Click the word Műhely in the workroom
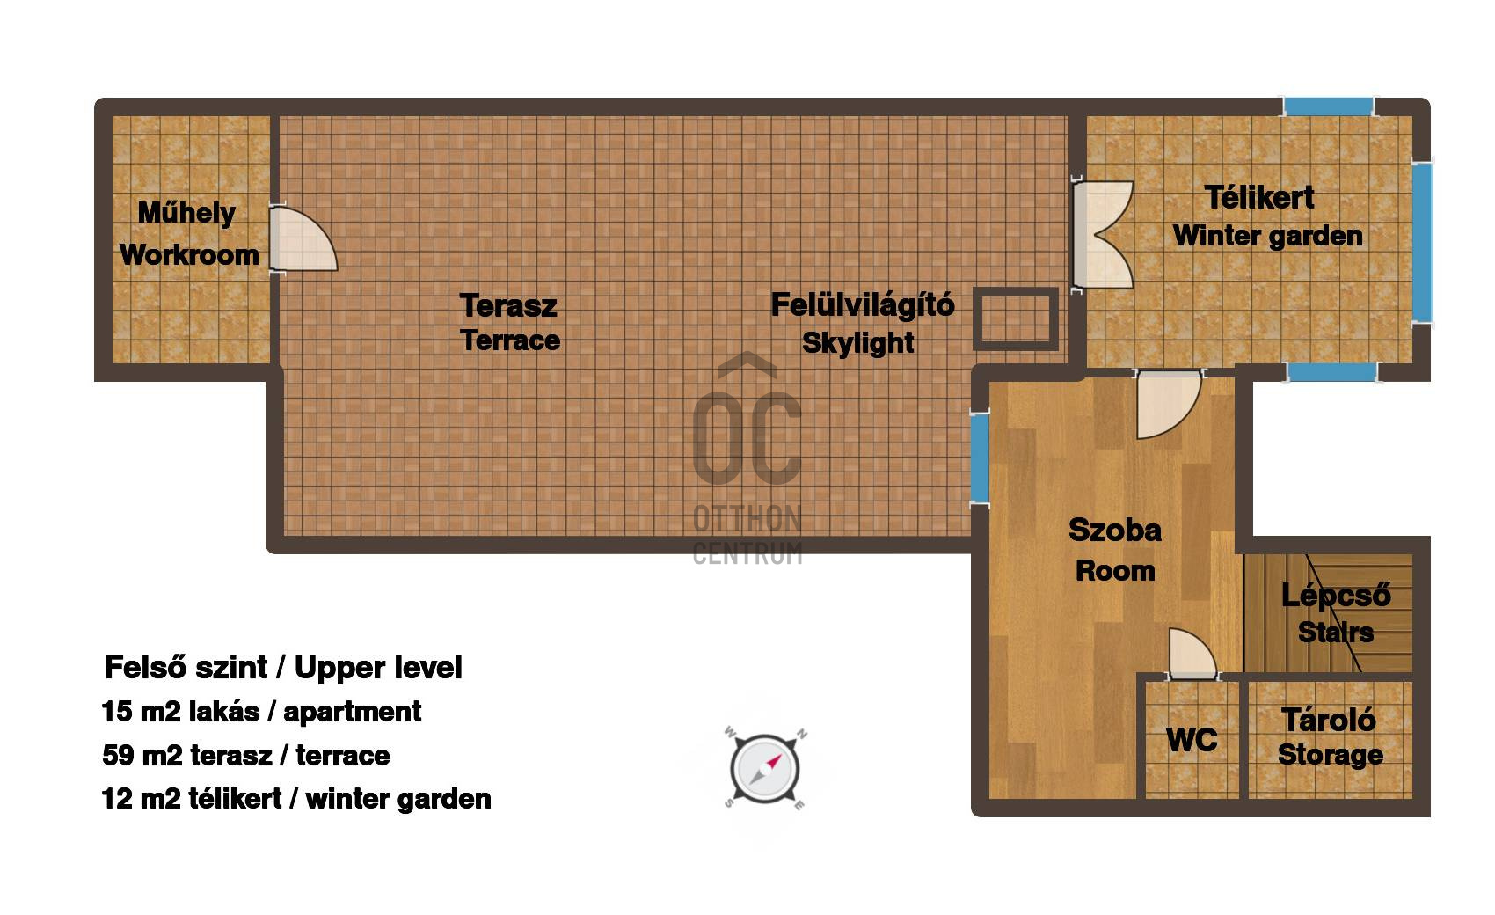[186, 214]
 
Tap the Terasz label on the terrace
[508, 306]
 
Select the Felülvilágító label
[863, 304]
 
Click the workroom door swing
[303, 238]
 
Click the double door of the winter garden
[1102, 235]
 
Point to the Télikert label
[1258, 198]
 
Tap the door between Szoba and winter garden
[1169, 404]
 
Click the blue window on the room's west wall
[979, 458]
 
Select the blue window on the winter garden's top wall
[1328, 106]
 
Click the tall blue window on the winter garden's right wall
[1422, 243]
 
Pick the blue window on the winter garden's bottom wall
[1332, 372]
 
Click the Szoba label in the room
[1114, 531]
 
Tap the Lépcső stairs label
[1336, 595]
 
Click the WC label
[1192, 740]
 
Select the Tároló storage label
[1329, 720]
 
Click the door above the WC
[1192, 654]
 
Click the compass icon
[765, 768]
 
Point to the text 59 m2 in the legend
[142, 756]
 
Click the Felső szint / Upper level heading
[283, 667]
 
